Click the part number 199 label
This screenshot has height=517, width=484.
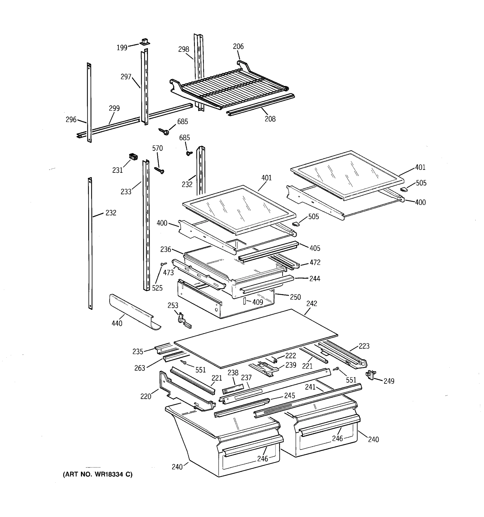pyautogui.click(x=122, y=48)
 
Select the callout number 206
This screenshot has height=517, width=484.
pyautogui.click(x=238, y=47)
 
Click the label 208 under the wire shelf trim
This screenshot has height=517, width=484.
pyautogui.click(x=270, y=119)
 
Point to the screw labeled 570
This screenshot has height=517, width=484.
pyautogui.click(x=159, y=170)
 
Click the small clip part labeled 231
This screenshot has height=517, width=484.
pyautogui.click(x=133, y=157)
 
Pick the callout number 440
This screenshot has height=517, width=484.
pyautogui.click(x=117, y=323)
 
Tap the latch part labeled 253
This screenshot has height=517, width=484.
pyautogui.click(x=183, y=321)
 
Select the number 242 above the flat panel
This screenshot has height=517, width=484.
pyautogui.click(x=311, y=304)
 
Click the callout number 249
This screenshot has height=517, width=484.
pyautogui.click(x=389, y=381)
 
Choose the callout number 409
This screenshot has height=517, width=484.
pyautogui.click(x=257, y=302)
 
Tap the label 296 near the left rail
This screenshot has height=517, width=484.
pyautogui.click(x=71, y=120)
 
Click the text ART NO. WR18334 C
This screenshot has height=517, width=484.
pyautogui.click(x=98, y=475)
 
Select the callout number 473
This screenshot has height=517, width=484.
pyautogui.click(x=168, y=273)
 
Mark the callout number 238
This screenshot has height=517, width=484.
pyautogui.click(x=233, y=373)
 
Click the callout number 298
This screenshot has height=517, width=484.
pyautogui.click(x=183, y=49)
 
